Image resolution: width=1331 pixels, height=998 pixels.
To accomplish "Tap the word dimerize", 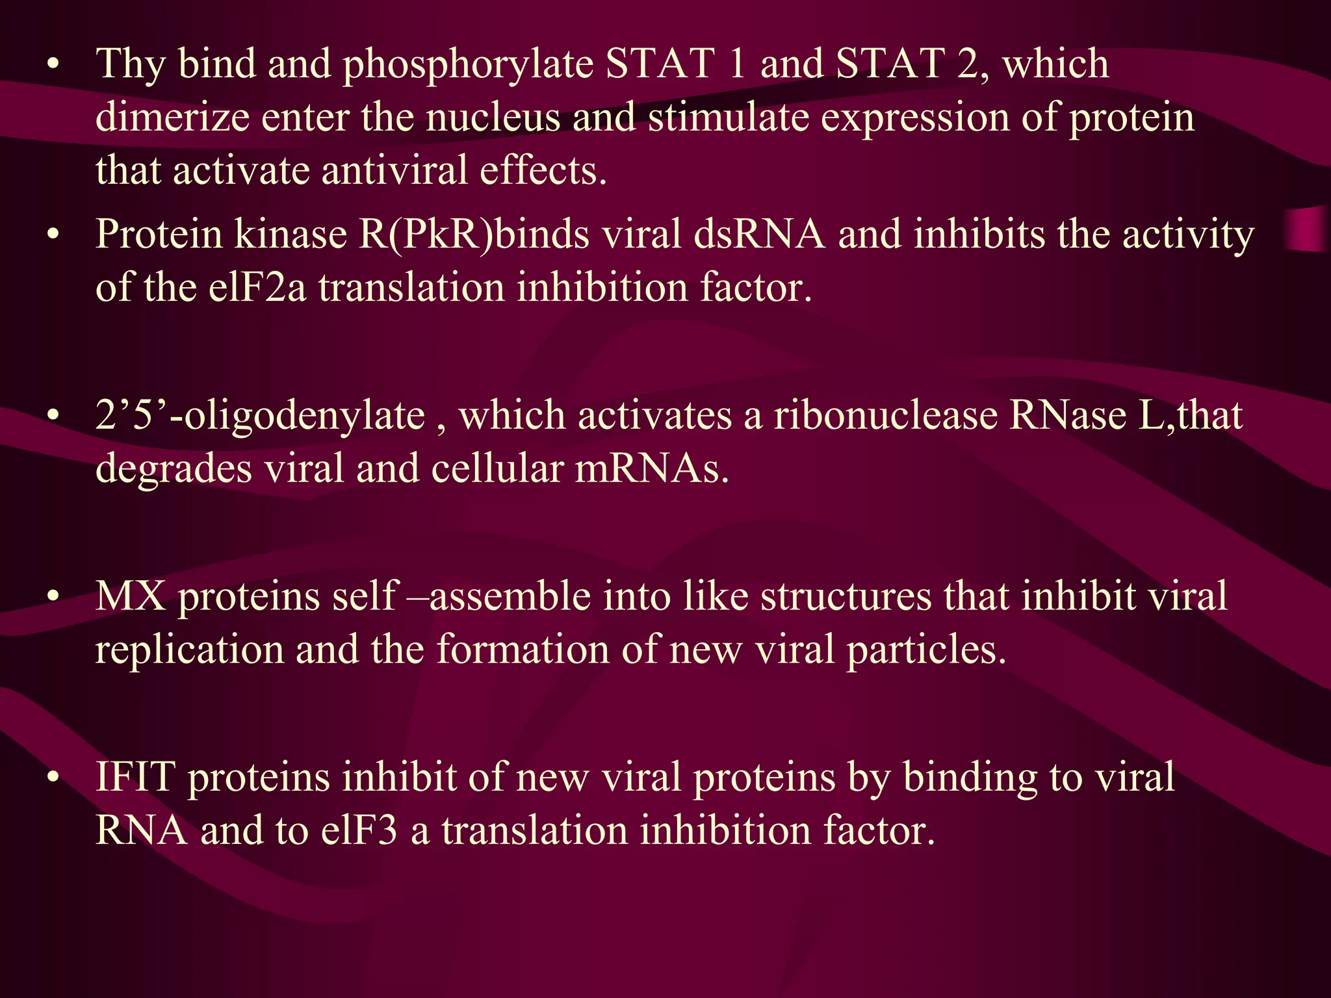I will (x=172, y=118).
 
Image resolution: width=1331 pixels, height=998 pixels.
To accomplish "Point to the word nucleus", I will (x=493, y=118).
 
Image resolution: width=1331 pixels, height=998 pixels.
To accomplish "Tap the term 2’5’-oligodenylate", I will (x=260, y=416).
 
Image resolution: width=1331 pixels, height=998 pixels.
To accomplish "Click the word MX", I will (x=130, y=596).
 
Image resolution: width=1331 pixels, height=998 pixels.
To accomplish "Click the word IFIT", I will (x=135, y=777).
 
